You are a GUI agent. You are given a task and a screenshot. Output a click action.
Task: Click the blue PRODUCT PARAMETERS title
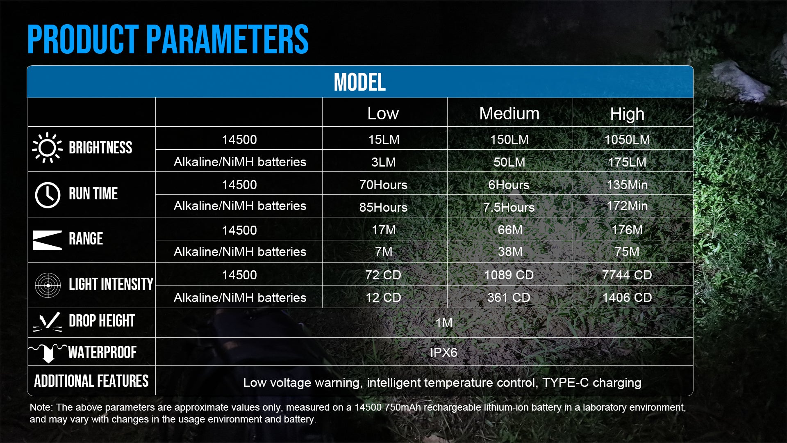[x=168, y=39]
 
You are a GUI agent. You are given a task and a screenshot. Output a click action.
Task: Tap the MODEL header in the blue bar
[x=359, y=82]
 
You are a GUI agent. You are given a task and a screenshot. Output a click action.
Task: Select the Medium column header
[x=509, y=114]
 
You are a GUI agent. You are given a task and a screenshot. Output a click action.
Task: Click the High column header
[x=627, y=114]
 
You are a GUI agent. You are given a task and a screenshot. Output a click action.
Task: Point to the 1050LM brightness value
[x=627, y=139]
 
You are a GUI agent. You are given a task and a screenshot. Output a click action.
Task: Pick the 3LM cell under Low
[x=384, y=162]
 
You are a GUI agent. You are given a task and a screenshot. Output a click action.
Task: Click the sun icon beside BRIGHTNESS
[x=48, y=148]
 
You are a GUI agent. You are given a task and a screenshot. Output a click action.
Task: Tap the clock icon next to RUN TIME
[x=48, y=195]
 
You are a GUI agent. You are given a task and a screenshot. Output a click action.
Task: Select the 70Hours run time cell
[x=383, y=185]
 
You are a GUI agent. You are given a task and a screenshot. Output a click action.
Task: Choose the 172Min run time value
[x=627, y=206]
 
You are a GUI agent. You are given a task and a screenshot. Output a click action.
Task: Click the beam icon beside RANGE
[x=48, y=240]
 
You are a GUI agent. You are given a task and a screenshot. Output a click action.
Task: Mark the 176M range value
[x=627, y=230]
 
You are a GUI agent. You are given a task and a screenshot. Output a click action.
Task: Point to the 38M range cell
[x=510, y=251]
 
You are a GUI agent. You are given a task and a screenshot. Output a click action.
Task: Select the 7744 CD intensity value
[x=627, y=275]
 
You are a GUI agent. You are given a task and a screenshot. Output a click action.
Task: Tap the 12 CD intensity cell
[x=383, y=297]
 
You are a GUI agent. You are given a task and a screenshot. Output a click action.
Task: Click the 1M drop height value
[x=444, y=323]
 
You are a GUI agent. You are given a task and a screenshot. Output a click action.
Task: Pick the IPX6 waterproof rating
[x=444, y=352]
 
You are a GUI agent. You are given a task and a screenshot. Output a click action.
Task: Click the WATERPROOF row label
[x=102, y=352]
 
